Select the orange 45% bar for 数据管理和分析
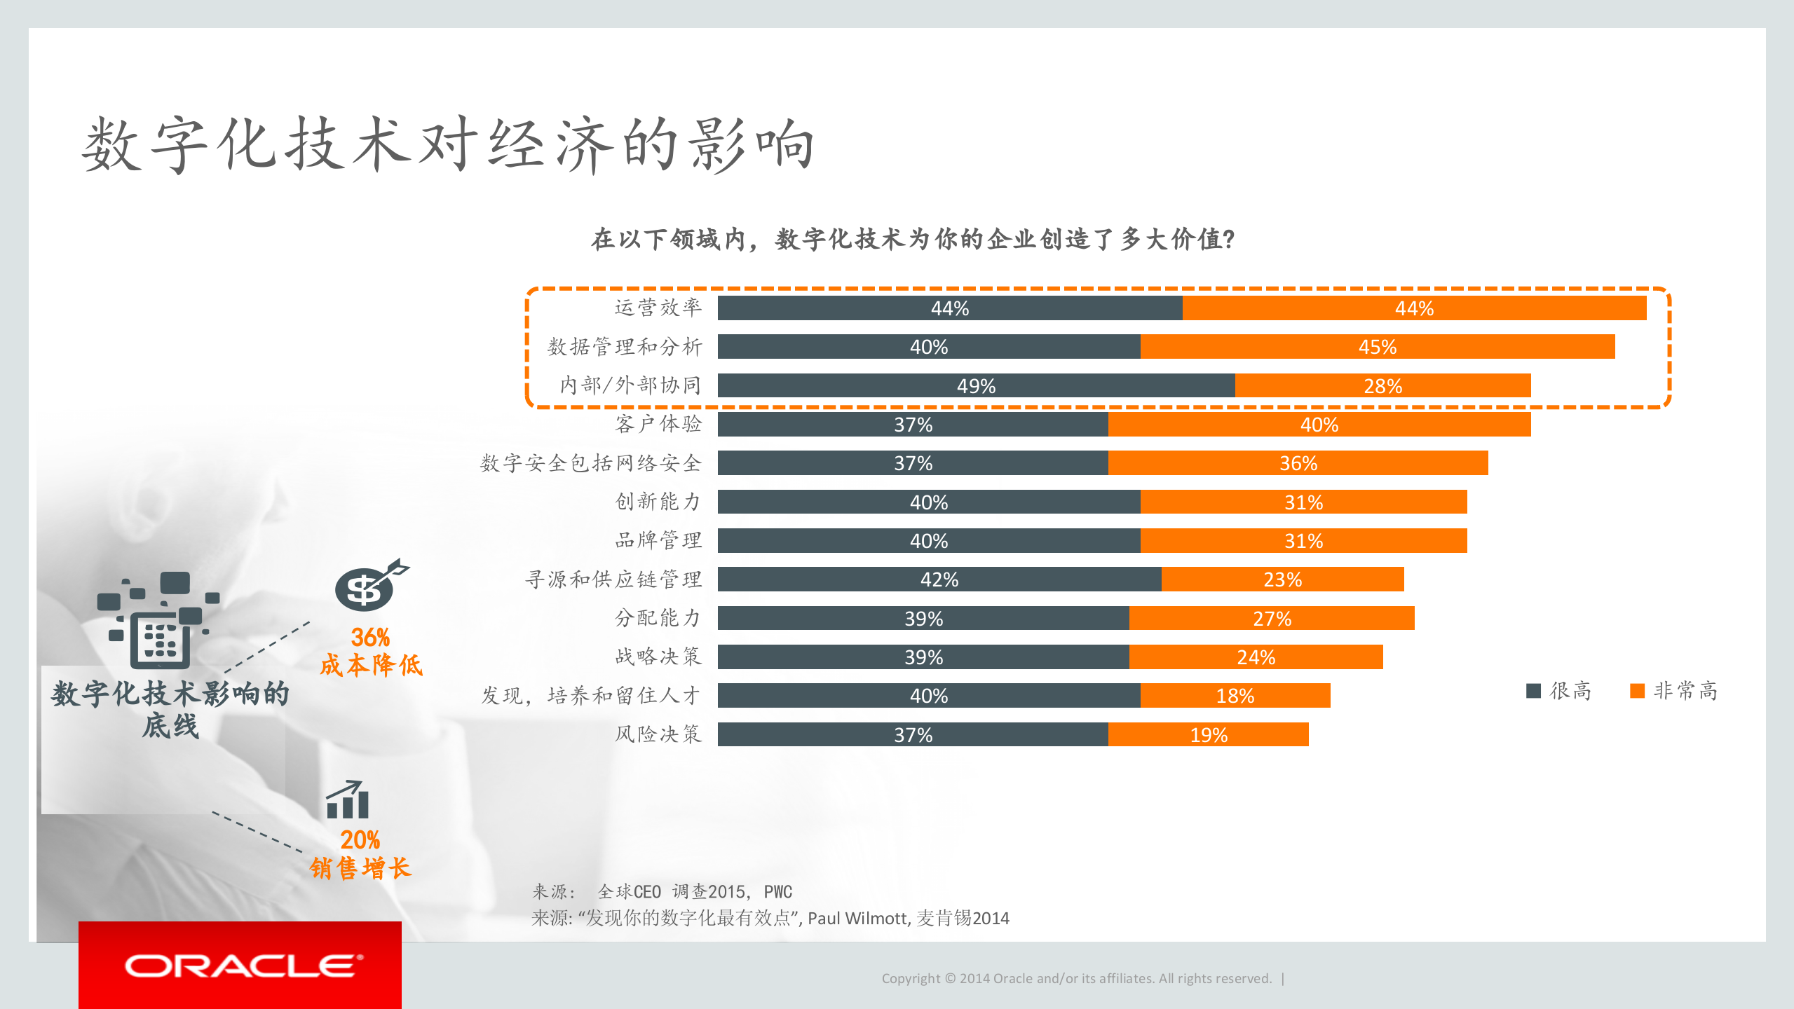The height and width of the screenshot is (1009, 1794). (x=1377, y=347)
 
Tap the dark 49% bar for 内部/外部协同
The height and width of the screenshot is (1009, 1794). (x=976, y=385)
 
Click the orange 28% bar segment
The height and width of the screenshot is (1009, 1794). (x=1382, y=385)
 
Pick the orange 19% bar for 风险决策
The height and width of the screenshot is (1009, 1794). (x=1208, y=734)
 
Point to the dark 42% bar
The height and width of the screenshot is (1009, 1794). (x=939, y=579)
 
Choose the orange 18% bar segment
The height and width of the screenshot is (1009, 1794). (x=1235, y=696)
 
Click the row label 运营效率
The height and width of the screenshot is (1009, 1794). (x=658, y=308)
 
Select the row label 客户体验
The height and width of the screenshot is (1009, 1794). (x=658, y=424)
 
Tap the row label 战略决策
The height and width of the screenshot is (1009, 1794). (x=658, y=657)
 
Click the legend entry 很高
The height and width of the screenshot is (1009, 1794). (x=1559, y=691)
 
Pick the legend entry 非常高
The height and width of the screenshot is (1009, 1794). (x=1674, y=691)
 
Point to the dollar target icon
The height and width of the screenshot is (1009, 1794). (x=370, y=586)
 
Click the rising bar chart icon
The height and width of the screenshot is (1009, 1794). (x=347, y=800)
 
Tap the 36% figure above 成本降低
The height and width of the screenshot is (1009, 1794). (x=370, y=637)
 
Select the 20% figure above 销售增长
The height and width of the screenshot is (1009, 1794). (x=360, y=839)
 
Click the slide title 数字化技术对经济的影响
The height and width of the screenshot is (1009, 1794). (x=448, y=145)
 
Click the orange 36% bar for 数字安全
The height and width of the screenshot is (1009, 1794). (x=1298, y=463)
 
